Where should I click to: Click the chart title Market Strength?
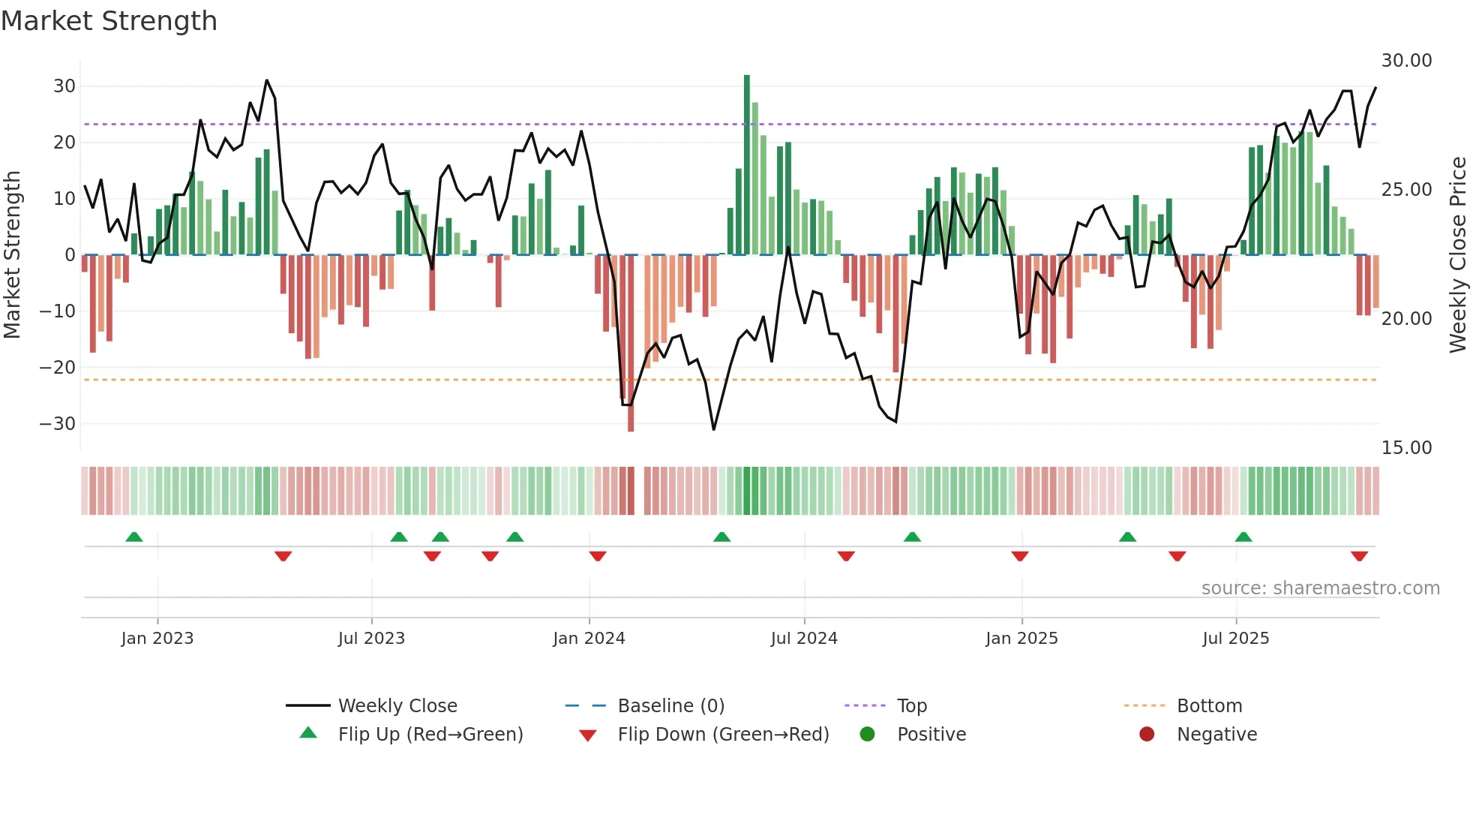click(x=109, y=21)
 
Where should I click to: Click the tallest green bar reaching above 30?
click(x=747, y=165)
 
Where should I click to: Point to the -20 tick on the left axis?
click(x=58, y=368)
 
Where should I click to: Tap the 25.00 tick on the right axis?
click(x=1406, y=190)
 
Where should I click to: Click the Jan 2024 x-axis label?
click(x=589, y=639)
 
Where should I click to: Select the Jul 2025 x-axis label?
click(x=1235, y=639)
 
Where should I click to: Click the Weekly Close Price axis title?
click(x=1457, y=254)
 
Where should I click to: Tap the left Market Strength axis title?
click(x=13, y=254)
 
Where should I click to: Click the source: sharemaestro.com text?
click(x=1320, y=588)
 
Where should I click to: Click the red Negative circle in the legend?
click(x=1147, y=734)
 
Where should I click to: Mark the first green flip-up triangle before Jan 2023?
click(x=134, y=537)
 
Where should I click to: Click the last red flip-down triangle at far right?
click(x=1359, y=556)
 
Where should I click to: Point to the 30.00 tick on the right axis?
click(x=1406, y=61)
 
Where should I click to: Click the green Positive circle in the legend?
click(x=868, y=734)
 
